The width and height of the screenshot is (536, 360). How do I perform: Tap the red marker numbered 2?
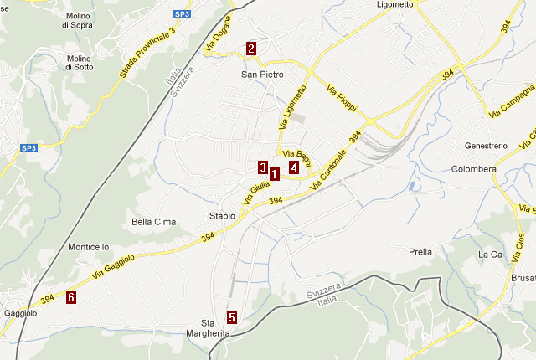point(251,49)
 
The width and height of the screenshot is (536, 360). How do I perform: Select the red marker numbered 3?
point(262,167)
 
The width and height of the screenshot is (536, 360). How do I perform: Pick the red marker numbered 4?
point(294,167)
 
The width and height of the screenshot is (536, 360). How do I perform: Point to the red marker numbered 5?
point(231,317)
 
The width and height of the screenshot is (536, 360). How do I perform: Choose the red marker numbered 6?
point(71,297)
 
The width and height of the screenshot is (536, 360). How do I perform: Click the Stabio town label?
point(222,216)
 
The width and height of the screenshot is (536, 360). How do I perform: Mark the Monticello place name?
point(89,247)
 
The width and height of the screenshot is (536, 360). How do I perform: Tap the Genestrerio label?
point(486,146)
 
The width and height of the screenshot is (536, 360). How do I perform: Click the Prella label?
point(420,252)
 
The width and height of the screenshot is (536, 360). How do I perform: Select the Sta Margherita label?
point(214,328)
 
